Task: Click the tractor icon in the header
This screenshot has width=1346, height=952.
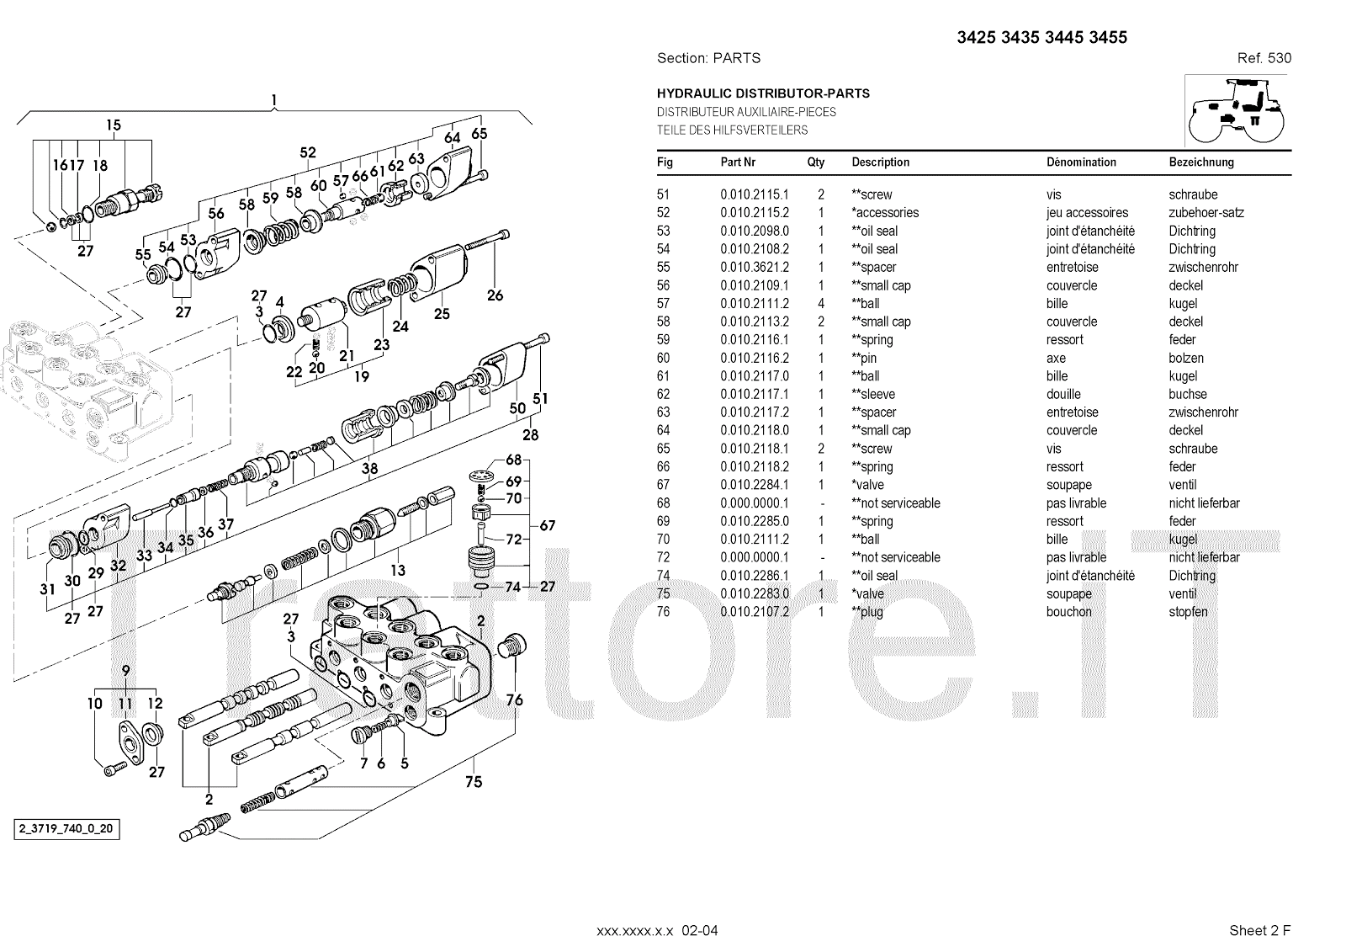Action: pos(1236,111)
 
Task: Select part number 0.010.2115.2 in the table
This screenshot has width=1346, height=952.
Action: pos(754,213)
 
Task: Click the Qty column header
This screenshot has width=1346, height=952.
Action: pos(815,162)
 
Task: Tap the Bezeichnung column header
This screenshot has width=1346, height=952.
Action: pos(1200,162)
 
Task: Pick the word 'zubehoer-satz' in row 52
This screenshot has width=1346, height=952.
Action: pos(1206,213)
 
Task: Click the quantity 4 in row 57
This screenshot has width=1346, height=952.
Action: pos(821,304)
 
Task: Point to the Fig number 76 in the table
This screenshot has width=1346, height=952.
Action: pos(664,612)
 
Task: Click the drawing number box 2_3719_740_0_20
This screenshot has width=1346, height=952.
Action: pos(66,830)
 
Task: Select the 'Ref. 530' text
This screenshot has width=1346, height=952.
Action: pos(1264,58)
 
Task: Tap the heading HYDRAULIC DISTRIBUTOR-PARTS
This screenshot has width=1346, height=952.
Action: pos(763,93)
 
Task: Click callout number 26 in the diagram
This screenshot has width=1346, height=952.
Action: pos(495,295)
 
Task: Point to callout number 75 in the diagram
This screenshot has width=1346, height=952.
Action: pos(474,782)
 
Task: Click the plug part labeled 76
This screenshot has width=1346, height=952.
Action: pos(511,649)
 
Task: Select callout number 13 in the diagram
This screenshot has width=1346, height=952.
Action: pos(398,570)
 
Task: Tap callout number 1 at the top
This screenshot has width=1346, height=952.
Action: pos(274,101)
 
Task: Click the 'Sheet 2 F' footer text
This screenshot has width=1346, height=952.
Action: pos(1259,930)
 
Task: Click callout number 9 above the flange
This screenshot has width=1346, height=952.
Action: pos(125,671)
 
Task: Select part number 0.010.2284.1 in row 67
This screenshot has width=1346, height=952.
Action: pos(754,485)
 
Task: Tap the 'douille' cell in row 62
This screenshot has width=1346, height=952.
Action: pos(1063,394)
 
